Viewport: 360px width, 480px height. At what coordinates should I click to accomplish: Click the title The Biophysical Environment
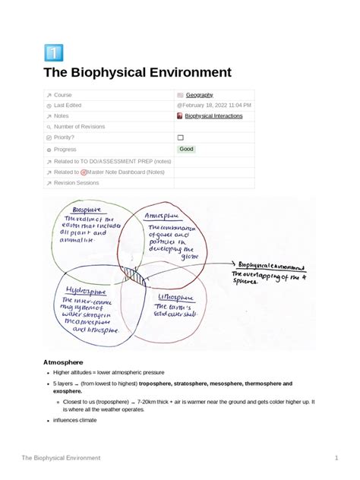[137, 74]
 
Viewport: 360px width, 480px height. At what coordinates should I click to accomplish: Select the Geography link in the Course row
[199, 94]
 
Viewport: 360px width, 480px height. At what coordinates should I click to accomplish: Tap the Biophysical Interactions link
[213, 116]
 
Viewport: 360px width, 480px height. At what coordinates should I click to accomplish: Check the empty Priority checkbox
[181, 137]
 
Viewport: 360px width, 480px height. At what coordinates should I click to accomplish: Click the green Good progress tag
[186, 149]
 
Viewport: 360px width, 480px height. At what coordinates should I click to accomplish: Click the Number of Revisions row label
[79, 127]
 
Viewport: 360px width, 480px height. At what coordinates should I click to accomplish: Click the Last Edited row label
[69, 105]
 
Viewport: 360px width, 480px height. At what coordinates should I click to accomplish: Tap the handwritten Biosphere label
[86, 209]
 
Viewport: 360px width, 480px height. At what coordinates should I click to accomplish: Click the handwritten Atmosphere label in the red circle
[166, 216]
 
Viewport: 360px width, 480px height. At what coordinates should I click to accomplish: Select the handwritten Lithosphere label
[176, 297]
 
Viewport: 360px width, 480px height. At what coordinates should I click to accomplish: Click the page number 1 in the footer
[336, 458]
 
